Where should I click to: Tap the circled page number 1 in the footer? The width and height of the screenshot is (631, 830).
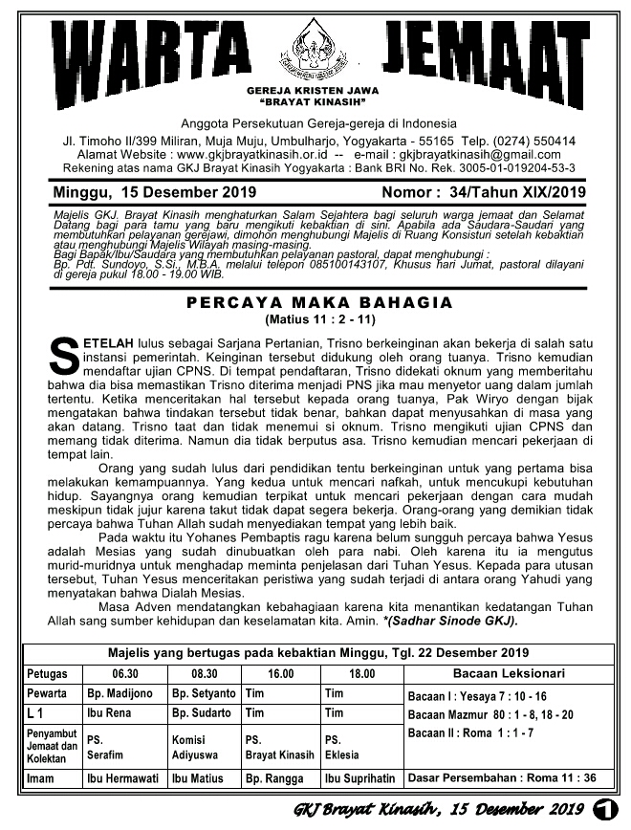coord(603,810)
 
